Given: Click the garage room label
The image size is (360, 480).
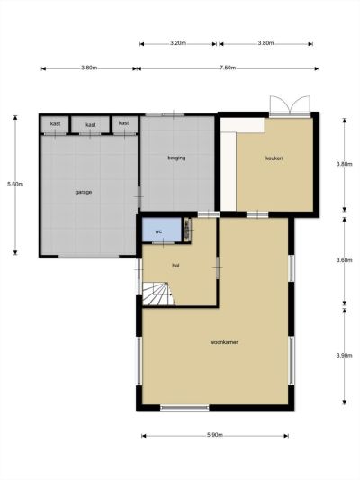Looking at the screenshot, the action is [x=84, y=192].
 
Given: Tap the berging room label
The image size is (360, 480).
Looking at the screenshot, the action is [x=176, y=158].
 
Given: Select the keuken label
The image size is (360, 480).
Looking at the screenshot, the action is [x=274, y=158].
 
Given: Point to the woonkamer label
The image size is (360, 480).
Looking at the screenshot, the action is [x=224, y=342].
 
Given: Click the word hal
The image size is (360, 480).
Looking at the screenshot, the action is [x=175, y=266].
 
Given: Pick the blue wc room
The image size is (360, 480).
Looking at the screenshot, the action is [x=162, y=230].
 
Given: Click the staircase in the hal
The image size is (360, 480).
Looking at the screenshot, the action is [x=157, y=294].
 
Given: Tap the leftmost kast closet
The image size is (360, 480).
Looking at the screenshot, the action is [x=56, y=124].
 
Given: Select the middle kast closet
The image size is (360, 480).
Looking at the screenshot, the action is [x=91, y=124].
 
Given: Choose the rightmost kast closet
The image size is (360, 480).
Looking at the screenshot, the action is [x=124, y=124].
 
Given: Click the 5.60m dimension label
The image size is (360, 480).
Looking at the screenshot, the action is [x=15, y=185].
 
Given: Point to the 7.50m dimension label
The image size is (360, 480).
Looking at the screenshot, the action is [x=228, y=68].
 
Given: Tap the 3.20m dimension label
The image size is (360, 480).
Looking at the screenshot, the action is [x=178, y=43].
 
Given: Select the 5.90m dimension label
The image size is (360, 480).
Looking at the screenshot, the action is [x=215, y=435].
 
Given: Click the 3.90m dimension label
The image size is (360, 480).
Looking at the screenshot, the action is [x=345, y=356].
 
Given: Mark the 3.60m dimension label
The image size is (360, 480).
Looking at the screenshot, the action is [x=345, y=260].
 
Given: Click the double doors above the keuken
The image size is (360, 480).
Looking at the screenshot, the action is [x=290, y=105].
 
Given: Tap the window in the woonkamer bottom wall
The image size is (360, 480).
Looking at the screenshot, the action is [x=184, y=408].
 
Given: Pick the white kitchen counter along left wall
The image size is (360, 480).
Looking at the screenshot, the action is [x=229, y=171].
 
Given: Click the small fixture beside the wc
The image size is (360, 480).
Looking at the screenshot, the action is [x=187, y=230].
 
